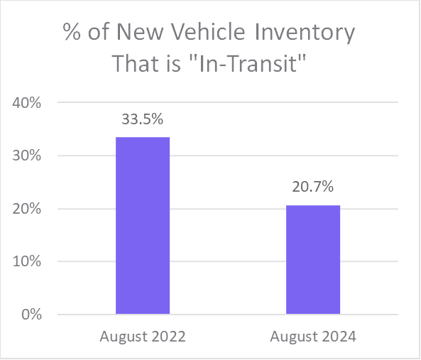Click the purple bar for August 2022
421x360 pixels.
click(x=143, y=225)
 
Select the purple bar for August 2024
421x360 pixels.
click(x=313, y=259)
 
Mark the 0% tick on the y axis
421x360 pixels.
click(x=31, y=315)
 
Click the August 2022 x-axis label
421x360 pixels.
click(x=143, y=337)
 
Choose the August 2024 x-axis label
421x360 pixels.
click(x=313, y=337)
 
